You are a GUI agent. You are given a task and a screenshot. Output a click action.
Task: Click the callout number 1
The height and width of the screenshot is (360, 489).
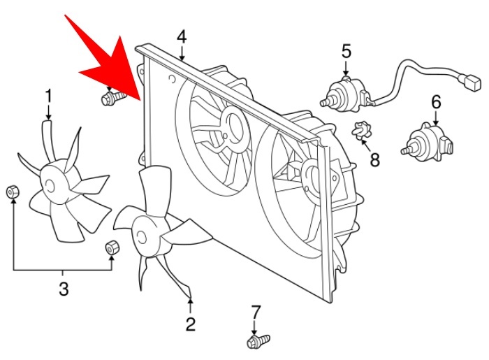(49, 94)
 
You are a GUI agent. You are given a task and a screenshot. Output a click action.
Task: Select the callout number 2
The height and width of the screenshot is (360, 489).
(190, 324)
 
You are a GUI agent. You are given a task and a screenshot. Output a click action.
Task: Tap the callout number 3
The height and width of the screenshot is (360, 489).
(63, 288)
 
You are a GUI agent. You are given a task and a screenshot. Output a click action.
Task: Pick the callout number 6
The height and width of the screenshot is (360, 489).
(437, 103)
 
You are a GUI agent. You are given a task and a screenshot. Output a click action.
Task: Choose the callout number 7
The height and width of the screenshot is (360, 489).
(255, 311)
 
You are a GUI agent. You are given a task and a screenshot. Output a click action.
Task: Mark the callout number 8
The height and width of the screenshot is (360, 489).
(375, 160)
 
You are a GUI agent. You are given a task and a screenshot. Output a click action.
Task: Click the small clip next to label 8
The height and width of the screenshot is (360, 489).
(360, 131)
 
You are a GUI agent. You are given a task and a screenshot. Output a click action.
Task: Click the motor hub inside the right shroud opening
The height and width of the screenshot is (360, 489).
(312, 171)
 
